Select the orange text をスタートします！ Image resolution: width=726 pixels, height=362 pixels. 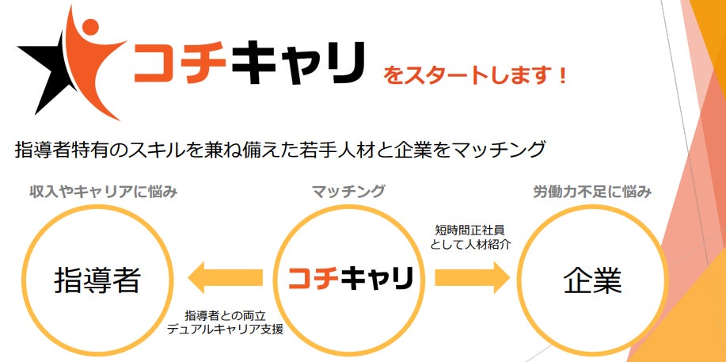[x=475, y=77]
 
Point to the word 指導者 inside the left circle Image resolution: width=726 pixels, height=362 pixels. [x=97, y=280]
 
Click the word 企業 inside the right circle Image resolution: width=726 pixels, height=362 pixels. [x=593, y=280]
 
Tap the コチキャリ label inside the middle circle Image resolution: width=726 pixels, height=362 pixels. [x=349, y=278]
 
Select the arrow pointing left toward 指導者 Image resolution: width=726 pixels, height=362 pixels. [x=224, y=277]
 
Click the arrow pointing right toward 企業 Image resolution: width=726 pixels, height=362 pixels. [x=473, y=277]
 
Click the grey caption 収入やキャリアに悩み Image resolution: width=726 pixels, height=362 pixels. [x=103, y=192]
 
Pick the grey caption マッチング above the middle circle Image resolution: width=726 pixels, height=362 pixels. [x=348, y=192]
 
